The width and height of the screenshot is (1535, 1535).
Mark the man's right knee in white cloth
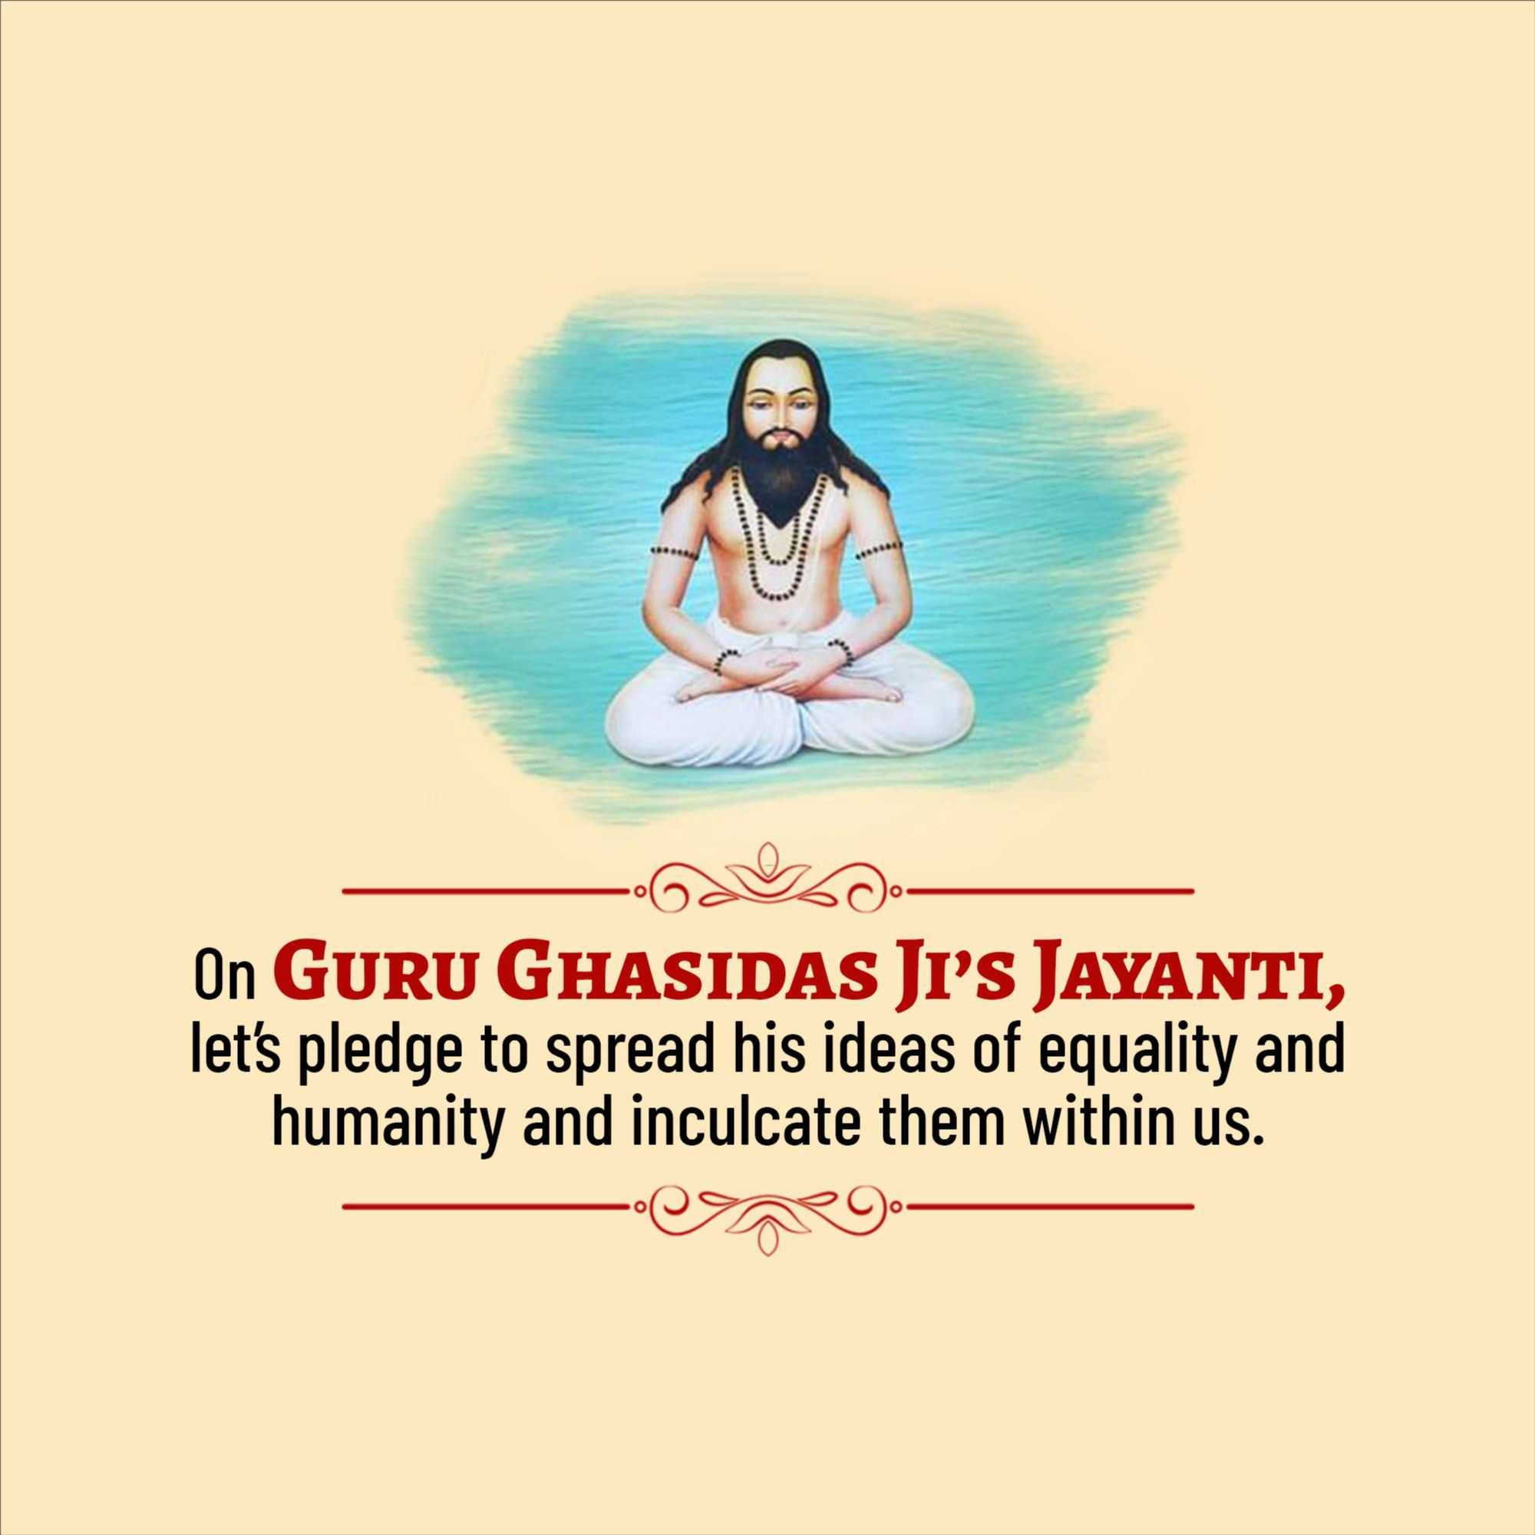tap(652, 727)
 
